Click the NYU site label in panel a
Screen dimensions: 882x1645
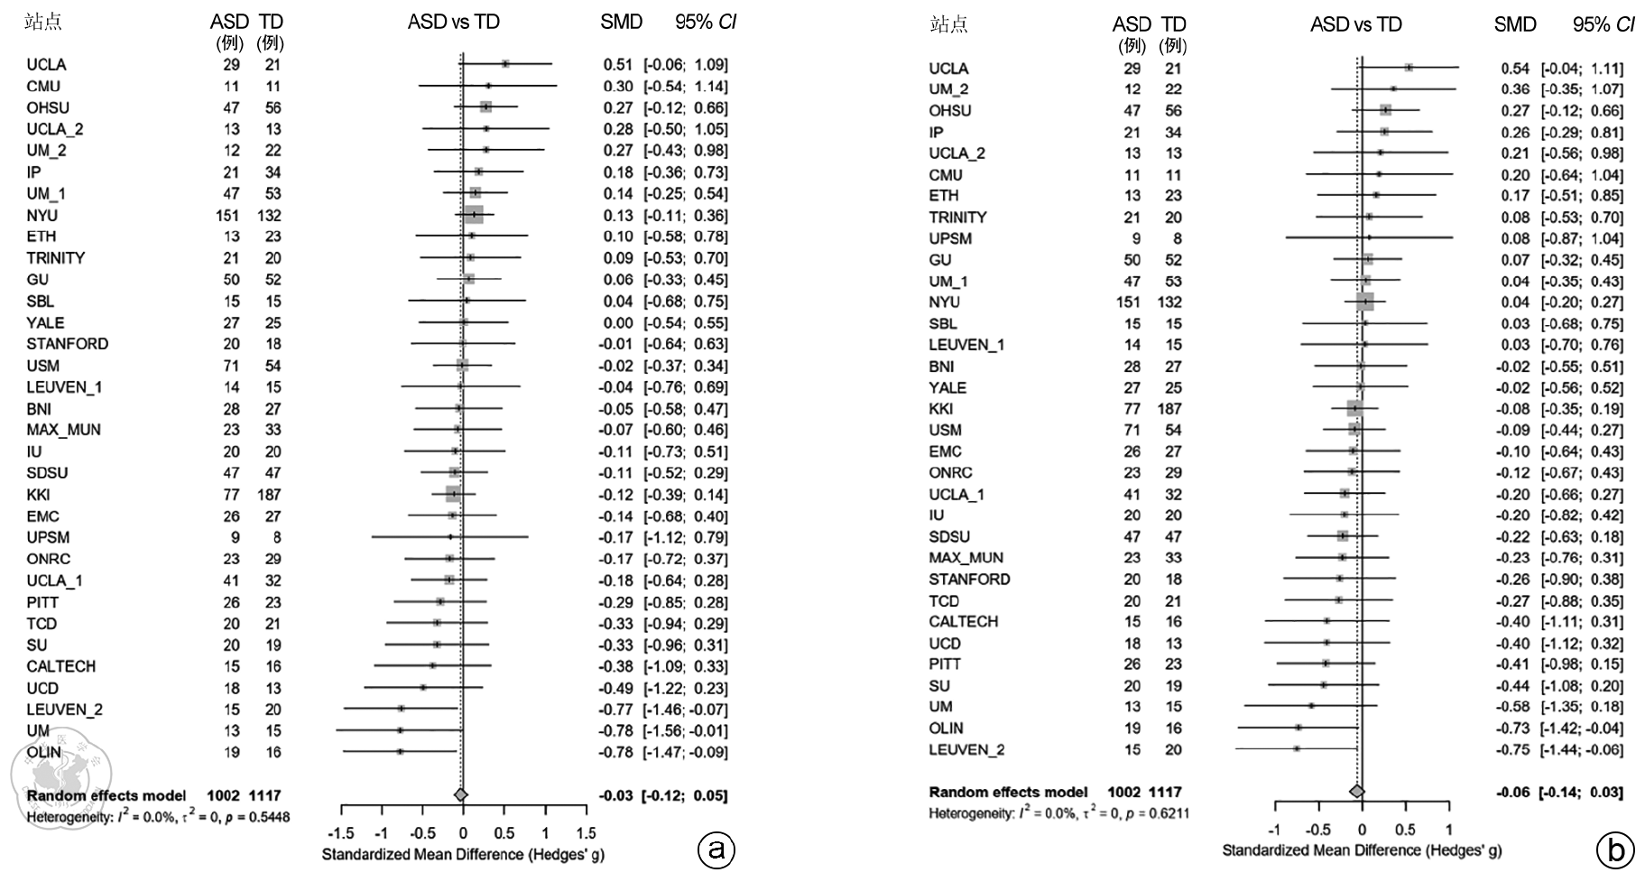pos(42,215)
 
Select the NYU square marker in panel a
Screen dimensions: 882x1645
pos(474,215)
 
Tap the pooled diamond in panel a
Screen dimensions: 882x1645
pos(461,794)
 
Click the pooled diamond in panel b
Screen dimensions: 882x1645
pos(1356,792)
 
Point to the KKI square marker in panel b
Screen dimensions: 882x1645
pos(1354,409)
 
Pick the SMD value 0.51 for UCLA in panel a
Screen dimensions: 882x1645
pos(618,65)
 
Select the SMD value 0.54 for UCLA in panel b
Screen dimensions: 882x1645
pos(1515,69)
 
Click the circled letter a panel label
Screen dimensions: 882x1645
pos(717,850)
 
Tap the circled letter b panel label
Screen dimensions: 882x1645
pos(1615,850)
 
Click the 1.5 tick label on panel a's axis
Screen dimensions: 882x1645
pos(586,833)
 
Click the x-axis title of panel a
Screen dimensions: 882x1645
pos(463,854)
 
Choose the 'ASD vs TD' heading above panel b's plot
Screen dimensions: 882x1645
pos(1355,24)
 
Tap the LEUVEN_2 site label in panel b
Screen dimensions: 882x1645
pos(966,749)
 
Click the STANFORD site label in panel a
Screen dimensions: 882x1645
pos(67,344)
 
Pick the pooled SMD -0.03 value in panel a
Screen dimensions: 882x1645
pos(616,795)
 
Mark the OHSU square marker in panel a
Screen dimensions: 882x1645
pos(485,107)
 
